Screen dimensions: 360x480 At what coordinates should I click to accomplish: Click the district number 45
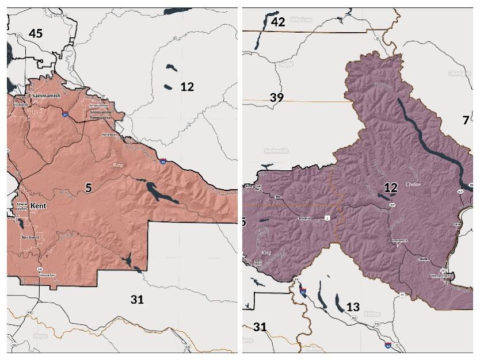tap(35, 33)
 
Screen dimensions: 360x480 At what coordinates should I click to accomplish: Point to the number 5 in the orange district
tap(89, 188)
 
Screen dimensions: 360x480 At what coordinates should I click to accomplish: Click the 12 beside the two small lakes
tap(187, 87)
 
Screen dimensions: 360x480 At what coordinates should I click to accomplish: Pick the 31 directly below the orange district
tap(137, 299)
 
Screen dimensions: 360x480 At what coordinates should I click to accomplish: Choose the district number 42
tap(278, 22)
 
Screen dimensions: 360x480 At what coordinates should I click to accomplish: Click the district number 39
tap(276, 97)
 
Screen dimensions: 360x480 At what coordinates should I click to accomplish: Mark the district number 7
tap(466, 120)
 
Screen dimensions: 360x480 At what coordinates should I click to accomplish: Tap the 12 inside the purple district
tap(391, 187)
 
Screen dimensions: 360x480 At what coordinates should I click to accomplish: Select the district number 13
tap(353, 307)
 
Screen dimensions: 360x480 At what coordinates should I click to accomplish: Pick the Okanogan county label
tap(458, 73)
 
